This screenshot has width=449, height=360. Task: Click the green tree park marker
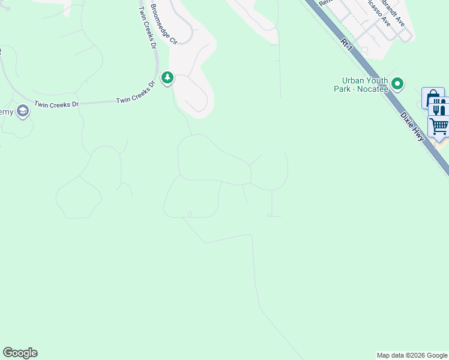click(x=167, y=78)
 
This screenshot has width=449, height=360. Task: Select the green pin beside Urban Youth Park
click(x=397, y=83)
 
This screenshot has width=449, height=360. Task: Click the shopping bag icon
click(x=432, y=98)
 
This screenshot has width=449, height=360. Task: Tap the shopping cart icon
click(x=439, y=127)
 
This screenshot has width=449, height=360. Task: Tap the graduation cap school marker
click(x=23, y=111)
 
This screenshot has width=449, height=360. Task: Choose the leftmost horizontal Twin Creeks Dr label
click(x=56, y=104)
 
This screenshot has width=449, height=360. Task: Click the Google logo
click(x=20, y=353)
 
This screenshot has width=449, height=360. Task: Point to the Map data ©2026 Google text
click(x=412, y=355)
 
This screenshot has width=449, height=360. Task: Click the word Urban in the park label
click(x=354, y=80)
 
